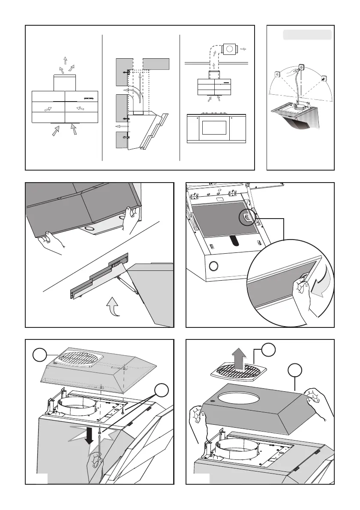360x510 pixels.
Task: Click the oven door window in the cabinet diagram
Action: coord(214,128)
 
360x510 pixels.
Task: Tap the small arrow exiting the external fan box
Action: coord(244,49)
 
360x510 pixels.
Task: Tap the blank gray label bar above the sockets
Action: coord(307,35)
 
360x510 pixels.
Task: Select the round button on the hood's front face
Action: coord(213,269)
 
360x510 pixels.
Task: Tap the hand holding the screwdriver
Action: coord(95,462)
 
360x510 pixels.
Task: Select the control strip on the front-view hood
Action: coord(90,98)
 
